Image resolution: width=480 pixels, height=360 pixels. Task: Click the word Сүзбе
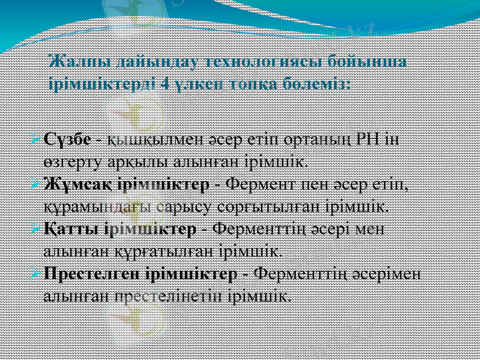coord(67,140)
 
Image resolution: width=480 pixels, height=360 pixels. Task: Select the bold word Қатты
coord(68,230)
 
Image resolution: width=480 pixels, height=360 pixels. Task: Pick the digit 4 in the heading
coord(165,83)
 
